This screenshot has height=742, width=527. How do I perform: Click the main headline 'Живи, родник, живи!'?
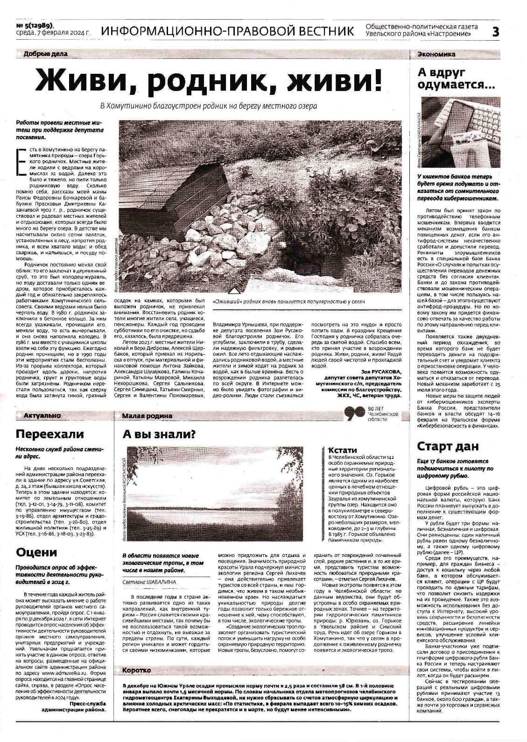click(x=209, y=80)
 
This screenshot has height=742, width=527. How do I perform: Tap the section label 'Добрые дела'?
click(x=45, y=54)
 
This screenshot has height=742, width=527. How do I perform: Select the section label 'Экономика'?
click(x=436, y=54)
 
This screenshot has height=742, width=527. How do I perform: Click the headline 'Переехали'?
click(x=50, y=434)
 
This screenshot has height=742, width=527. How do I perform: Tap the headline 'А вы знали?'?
click(x=159, y=434)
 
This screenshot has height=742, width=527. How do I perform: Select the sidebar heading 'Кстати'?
click(x=343, y=450)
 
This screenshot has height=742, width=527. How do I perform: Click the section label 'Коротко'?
click(x=136, y=671)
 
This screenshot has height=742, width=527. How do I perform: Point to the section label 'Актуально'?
click(x=43, y=415)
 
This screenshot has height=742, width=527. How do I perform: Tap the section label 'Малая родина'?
click(x=147, y=415)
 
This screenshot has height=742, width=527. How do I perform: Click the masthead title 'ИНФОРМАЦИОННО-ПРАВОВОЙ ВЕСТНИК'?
click(x=227, y=31)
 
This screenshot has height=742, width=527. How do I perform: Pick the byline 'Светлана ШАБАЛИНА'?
click(x=149, y=582)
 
